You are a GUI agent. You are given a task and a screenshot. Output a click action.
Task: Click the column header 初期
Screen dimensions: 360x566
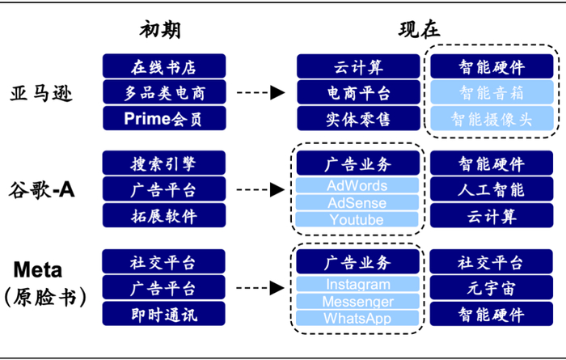160,31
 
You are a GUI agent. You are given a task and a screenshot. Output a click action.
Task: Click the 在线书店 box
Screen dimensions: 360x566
164,66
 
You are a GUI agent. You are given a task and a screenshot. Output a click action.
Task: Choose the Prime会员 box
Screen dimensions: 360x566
164,119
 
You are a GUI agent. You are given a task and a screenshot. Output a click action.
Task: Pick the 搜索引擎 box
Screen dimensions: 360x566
164,163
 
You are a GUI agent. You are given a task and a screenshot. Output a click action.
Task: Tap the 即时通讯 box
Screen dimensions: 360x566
164,314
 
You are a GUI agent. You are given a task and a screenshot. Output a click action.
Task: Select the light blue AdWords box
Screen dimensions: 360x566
357,186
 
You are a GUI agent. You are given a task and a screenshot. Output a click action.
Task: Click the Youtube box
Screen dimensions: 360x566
357,220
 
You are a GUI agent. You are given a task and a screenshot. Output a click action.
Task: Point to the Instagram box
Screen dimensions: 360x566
357,285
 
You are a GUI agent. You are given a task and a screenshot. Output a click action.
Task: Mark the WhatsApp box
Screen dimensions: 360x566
357,318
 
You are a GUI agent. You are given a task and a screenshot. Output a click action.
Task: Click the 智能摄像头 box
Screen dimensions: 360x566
492,119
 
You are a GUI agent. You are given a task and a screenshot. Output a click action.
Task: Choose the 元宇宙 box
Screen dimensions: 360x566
492,288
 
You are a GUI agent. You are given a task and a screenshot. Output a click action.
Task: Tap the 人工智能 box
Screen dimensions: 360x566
492,190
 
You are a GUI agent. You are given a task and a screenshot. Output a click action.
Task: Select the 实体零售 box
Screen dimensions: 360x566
357,119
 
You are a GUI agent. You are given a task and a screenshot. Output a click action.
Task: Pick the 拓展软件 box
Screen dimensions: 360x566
164,216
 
